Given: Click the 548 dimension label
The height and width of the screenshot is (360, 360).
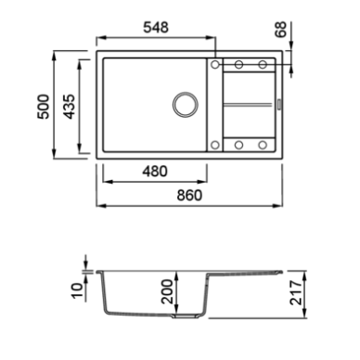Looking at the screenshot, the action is (x=156, y=27).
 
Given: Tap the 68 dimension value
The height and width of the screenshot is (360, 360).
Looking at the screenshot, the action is (x=281, y=30).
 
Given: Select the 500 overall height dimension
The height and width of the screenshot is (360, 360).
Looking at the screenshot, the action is (x=43, y=107).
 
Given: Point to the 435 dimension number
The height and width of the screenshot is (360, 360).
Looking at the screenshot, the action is (x=70, y=107).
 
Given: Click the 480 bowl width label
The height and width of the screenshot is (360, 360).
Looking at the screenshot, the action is (x=155, y=171).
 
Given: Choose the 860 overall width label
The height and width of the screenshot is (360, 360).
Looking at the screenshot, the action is (x=189, y=195).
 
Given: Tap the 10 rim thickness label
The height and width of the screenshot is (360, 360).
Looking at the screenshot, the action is (x=77, y=290).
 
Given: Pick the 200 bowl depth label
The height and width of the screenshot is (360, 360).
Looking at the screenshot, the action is (x=167, y=291).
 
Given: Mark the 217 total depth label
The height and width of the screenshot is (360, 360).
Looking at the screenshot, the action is (x=296, y=292).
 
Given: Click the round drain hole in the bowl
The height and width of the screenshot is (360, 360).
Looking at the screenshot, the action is (x=186, y=105).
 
